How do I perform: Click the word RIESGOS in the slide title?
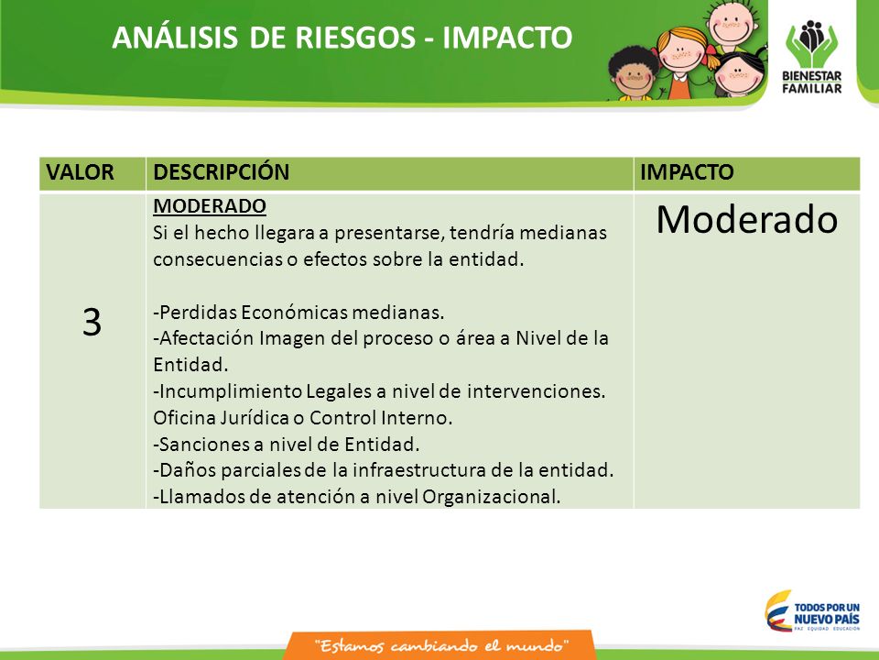355,38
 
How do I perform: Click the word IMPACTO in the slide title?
507,38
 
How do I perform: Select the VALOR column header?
81,172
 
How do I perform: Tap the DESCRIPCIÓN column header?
222,171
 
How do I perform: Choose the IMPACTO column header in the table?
687,172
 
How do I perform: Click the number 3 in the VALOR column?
92,323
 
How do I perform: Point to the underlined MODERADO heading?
210,206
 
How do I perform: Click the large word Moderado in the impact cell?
747,219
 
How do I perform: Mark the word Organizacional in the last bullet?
491,497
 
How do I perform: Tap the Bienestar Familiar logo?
812,57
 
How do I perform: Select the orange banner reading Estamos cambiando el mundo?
440,645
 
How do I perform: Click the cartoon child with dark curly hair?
634,74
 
